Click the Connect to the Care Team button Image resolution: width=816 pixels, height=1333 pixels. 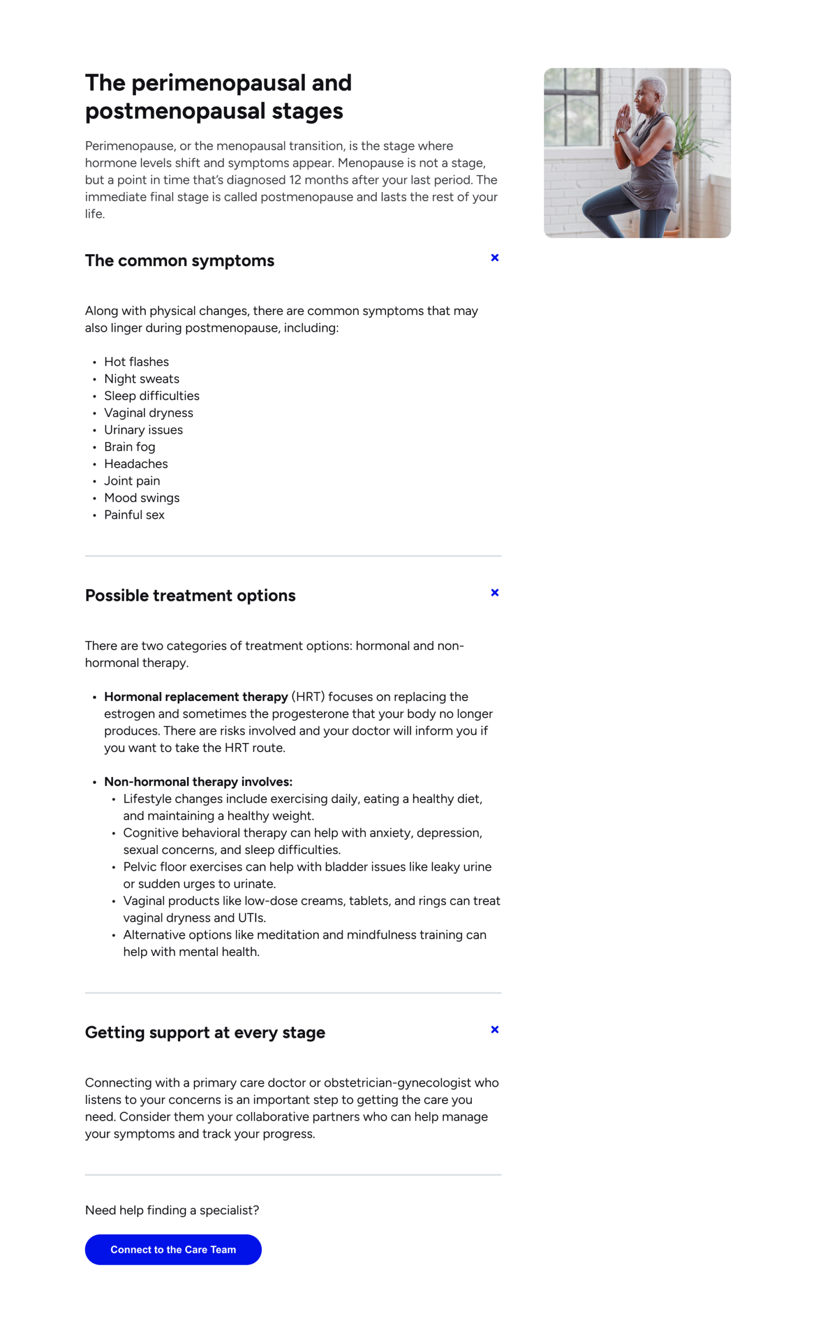(x=173, y=1249)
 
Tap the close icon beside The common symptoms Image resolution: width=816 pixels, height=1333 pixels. (x=495, y=258)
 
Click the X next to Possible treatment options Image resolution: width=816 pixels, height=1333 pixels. (x=495, y=593)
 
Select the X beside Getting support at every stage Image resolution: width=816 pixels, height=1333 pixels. (x=495, y=1029)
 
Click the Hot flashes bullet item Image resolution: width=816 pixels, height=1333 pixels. (x=136, y=362)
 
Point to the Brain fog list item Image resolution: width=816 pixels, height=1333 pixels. (x=130, y=447)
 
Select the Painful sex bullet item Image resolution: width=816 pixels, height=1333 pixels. (x=134, y=515)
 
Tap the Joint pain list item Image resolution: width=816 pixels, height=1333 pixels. (x=132, y=481)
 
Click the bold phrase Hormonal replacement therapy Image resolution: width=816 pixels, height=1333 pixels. (x=196, y=697)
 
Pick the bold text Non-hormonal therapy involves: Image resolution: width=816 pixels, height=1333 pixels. (x=198, y=782)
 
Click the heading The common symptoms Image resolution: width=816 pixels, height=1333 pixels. (x=180, y=261)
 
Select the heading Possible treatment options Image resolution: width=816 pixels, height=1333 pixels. (x=191, y=596)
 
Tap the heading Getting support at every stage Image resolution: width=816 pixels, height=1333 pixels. (x=205, y=1033)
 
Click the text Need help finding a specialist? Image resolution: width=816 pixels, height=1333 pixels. (x=172, y=1210)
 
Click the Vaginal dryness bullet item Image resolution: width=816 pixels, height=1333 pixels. (x=149, y=413)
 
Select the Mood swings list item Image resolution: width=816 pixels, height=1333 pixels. (x=142, y=498)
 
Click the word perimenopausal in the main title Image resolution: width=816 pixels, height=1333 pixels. (x=218, y=83)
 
